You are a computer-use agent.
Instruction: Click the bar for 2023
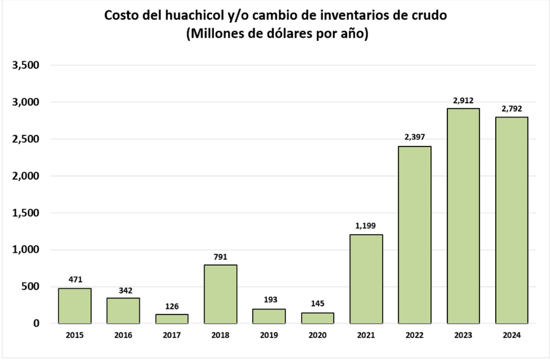point(463,216)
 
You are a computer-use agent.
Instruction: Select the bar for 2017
point(171,318)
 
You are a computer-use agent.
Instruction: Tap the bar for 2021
point(366,278)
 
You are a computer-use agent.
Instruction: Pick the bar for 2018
point(220,294)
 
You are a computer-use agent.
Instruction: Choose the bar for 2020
point(317,318)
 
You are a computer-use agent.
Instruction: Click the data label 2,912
point(463,100)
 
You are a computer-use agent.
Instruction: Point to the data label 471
point(74,280)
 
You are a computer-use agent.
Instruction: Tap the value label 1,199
point(366,226)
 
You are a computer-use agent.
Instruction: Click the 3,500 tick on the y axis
point(26,65)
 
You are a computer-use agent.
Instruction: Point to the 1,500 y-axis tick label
point(26,213)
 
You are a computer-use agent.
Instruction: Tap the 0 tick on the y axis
point(37,323)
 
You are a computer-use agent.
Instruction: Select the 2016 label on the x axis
point(123,336)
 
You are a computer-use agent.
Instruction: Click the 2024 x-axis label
point(512,336)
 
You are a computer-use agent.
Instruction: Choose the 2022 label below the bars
point(415,336)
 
